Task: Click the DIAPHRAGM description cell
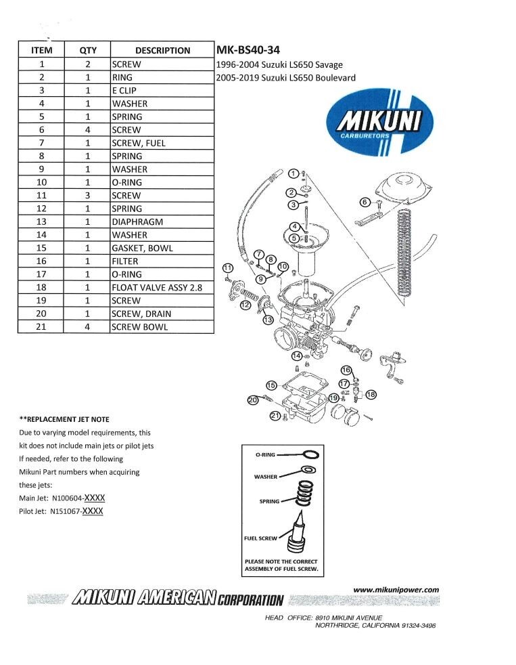click(x=162, y=221)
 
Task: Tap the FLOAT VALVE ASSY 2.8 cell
click(x=162, y=287)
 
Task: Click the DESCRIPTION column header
click(x=162, y=50)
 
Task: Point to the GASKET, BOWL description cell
click(x=162, y=248)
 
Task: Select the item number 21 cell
click(x=41, y=326)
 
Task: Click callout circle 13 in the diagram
click(x=268, y=320)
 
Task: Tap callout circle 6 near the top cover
click(x=365, y=202)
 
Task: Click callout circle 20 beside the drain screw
click(x=253, y=400)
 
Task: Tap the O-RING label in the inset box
click(x=264, y=455)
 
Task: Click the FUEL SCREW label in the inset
click(x=260, y=538)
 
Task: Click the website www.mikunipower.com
click(x=396, y=590)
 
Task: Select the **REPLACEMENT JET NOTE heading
click(x=64, y=419)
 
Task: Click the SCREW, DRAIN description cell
click(x=162, y=314)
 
